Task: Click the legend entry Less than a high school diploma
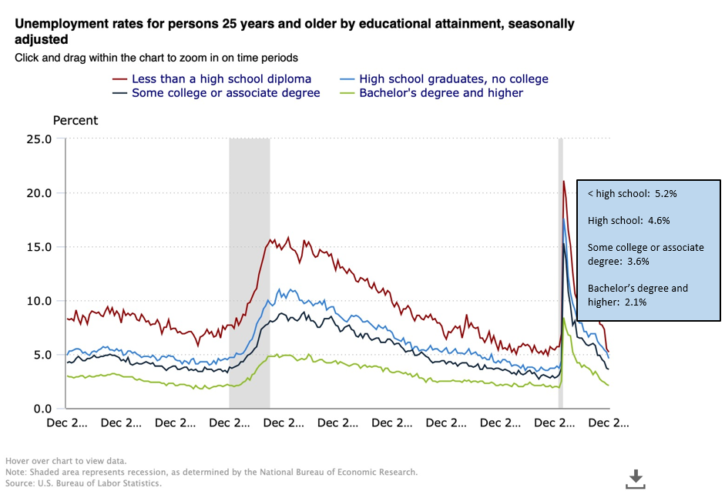coord(221,78)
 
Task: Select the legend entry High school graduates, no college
coord(455,78)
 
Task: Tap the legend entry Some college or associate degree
coord(226,93)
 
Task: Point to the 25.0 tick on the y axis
coord(38,139)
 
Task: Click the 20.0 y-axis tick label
coord(38,193)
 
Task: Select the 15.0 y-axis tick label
coord(38,247)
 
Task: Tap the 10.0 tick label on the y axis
coord(38,301)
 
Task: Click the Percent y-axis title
coord(75,120)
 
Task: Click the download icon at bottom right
coord(635,478)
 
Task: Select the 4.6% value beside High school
coord(657,220)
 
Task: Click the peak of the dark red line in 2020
coord(564,182)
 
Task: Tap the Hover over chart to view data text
coord(65,461)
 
